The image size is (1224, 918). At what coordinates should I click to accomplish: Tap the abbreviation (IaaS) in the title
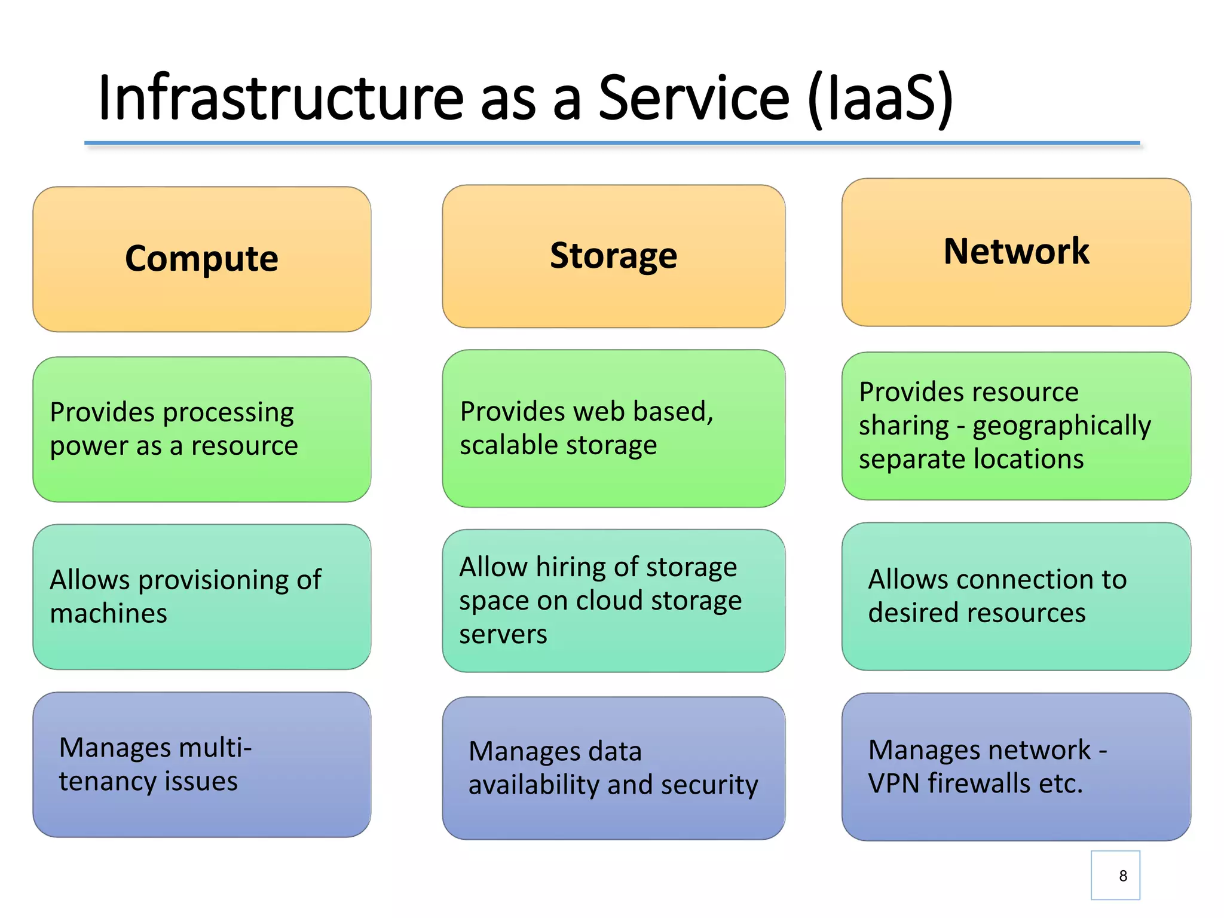pyautogui.click(x=880, y=99)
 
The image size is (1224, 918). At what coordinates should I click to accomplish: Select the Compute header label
pyautogui.click(x=201, y=258)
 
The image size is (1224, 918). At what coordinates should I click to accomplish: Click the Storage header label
pyautogui.click(x=613, y=255)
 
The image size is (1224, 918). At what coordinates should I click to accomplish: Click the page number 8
pyautogui.click(x=1122, y=876)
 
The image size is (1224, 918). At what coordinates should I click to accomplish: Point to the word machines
pyautogui.click(x=108, y=614)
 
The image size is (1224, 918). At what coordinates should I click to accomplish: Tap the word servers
pyautogui.click(x=503, y=634)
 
